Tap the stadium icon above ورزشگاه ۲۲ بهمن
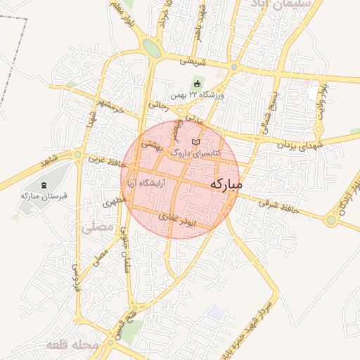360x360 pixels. click(196, 85)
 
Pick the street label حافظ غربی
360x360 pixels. click(106, 161)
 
